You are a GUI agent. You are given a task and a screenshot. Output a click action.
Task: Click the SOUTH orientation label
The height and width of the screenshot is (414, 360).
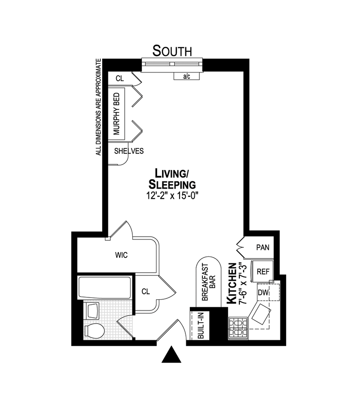pyautogui.click(x=172, y=51)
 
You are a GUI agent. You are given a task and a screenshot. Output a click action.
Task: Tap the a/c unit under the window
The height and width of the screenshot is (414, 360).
pyautogui.click(x=186, y=76)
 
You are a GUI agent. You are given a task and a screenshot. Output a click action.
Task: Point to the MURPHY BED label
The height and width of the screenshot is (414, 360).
pyautogui.click(x=117, y=114)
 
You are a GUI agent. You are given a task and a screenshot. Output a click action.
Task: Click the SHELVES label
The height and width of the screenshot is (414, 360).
pyautogui.click(x=129, y=151)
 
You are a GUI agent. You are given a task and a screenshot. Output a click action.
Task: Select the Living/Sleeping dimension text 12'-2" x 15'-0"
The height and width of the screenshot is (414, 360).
pyautogui.click(x=172, y=196)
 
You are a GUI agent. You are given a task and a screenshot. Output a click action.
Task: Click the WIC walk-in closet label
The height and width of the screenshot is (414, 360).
pyautogui.click(x=121, y=255)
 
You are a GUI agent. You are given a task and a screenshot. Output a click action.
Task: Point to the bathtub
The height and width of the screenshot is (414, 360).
pyautogui.click(x=104, y=288)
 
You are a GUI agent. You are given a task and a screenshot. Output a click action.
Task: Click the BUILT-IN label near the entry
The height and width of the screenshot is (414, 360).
pyautogui.click(x=201, y=325)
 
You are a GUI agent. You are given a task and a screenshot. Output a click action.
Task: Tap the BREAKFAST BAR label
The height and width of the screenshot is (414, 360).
pyautogui.click(x=209, y=282)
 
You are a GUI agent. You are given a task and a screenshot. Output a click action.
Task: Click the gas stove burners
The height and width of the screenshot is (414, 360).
pyautogui.click(x=238, y=328)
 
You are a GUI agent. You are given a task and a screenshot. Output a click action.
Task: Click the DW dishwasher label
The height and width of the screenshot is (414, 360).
pyautogui.click(x=263, y=292)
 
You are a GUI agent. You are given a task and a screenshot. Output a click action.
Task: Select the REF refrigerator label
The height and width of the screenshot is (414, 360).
pyautogui.click(x=263, y=271)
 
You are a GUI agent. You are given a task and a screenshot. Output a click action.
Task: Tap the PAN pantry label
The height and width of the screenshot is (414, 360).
pyautogui.click(x=263, y=247)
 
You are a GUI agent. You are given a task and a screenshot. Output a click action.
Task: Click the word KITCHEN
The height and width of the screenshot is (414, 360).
pyautogui.click(x=232, y=283)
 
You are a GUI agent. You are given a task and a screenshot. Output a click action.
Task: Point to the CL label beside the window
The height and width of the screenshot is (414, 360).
pyautogui.click(x=120, y=78)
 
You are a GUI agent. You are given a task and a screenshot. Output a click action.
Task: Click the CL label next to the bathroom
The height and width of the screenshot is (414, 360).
pyautogui.click(x=145, y=292)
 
